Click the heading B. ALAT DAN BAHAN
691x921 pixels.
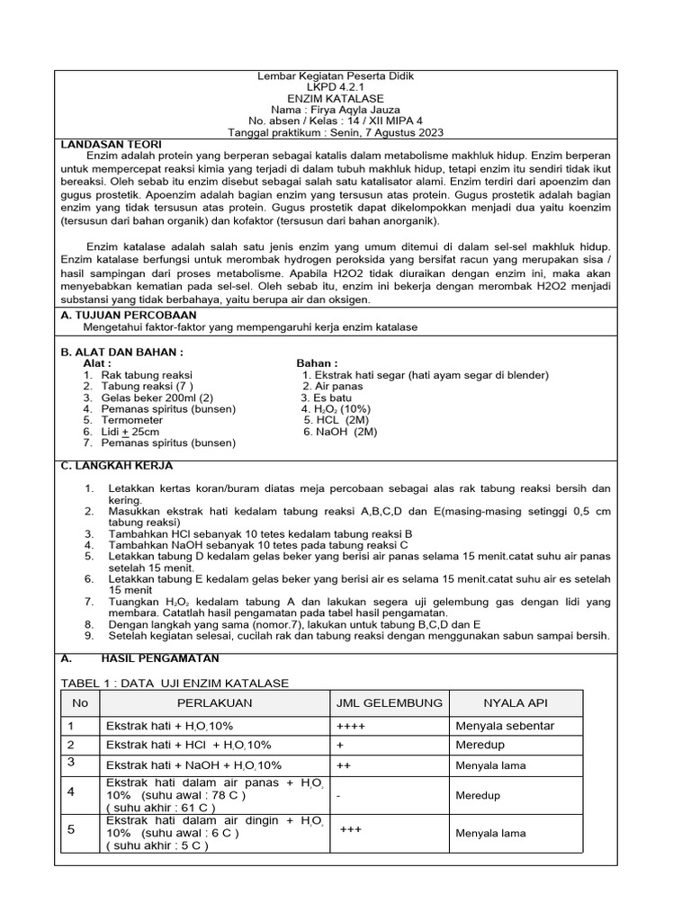coord(121,351)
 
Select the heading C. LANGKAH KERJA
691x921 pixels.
coord(116,466)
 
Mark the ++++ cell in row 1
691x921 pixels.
coord(352,726)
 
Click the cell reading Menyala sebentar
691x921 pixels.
coord(505,726)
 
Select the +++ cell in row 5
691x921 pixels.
coord(351,829)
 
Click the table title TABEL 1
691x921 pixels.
coord(175,683)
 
